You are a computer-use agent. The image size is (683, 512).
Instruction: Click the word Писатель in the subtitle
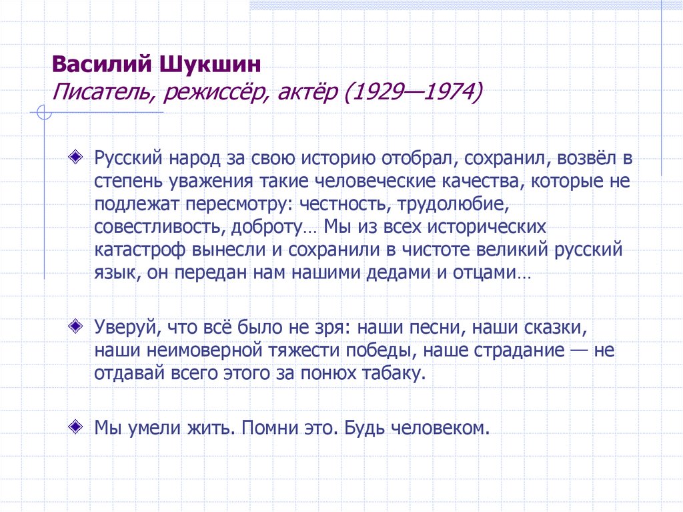click(101, 91)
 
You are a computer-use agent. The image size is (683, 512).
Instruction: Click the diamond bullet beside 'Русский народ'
click(77, 156)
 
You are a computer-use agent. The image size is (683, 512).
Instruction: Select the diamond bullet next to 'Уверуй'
click(77, 326)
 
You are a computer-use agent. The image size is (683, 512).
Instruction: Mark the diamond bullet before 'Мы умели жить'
click(77, 425)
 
